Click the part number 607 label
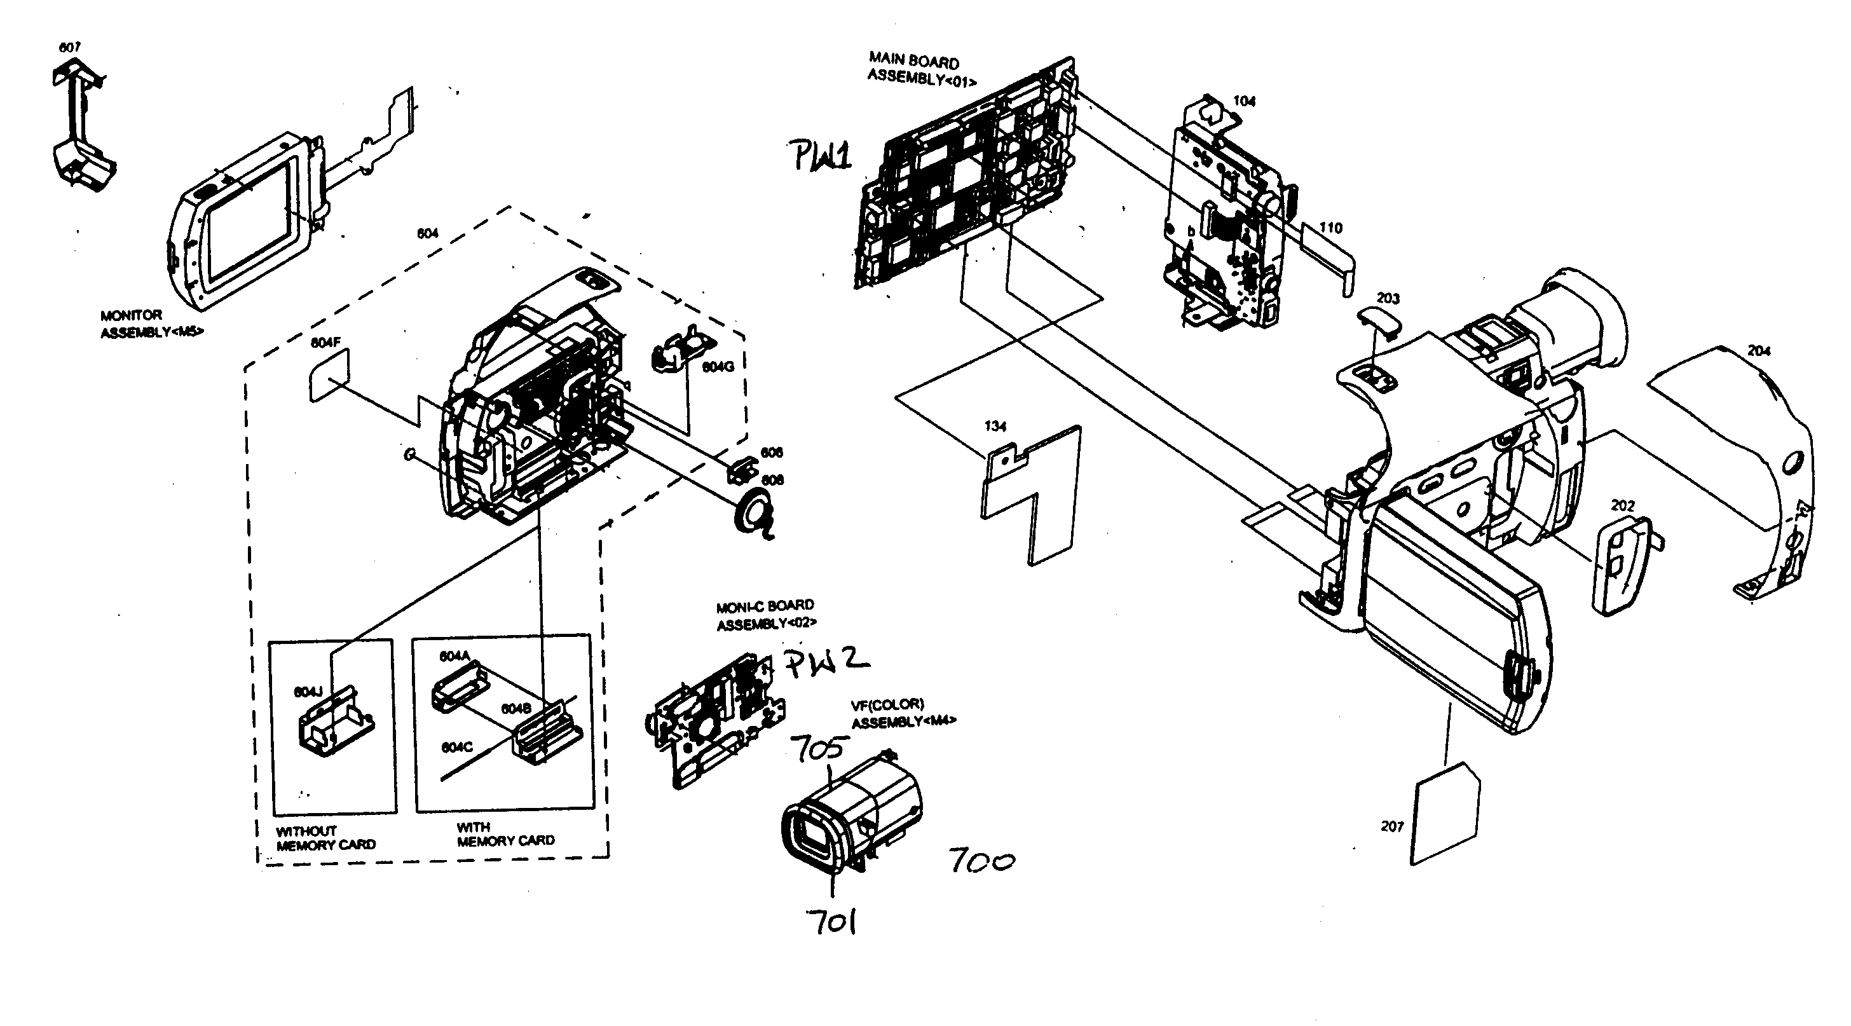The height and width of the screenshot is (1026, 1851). point(69,48)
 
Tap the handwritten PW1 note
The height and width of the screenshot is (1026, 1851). point(822,155)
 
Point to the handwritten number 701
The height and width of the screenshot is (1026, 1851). point(831,921)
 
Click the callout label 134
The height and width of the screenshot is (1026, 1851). point(995,426)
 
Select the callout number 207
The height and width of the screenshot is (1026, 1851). point(1392,826)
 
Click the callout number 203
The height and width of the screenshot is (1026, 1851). point(1388,298)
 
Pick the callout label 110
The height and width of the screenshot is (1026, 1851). point(1331,228)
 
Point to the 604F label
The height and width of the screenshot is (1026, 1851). point(325,343)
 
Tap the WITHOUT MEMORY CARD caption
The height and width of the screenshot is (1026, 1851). point(325,838)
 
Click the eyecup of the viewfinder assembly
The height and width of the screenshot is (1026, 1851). point(812,837)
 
